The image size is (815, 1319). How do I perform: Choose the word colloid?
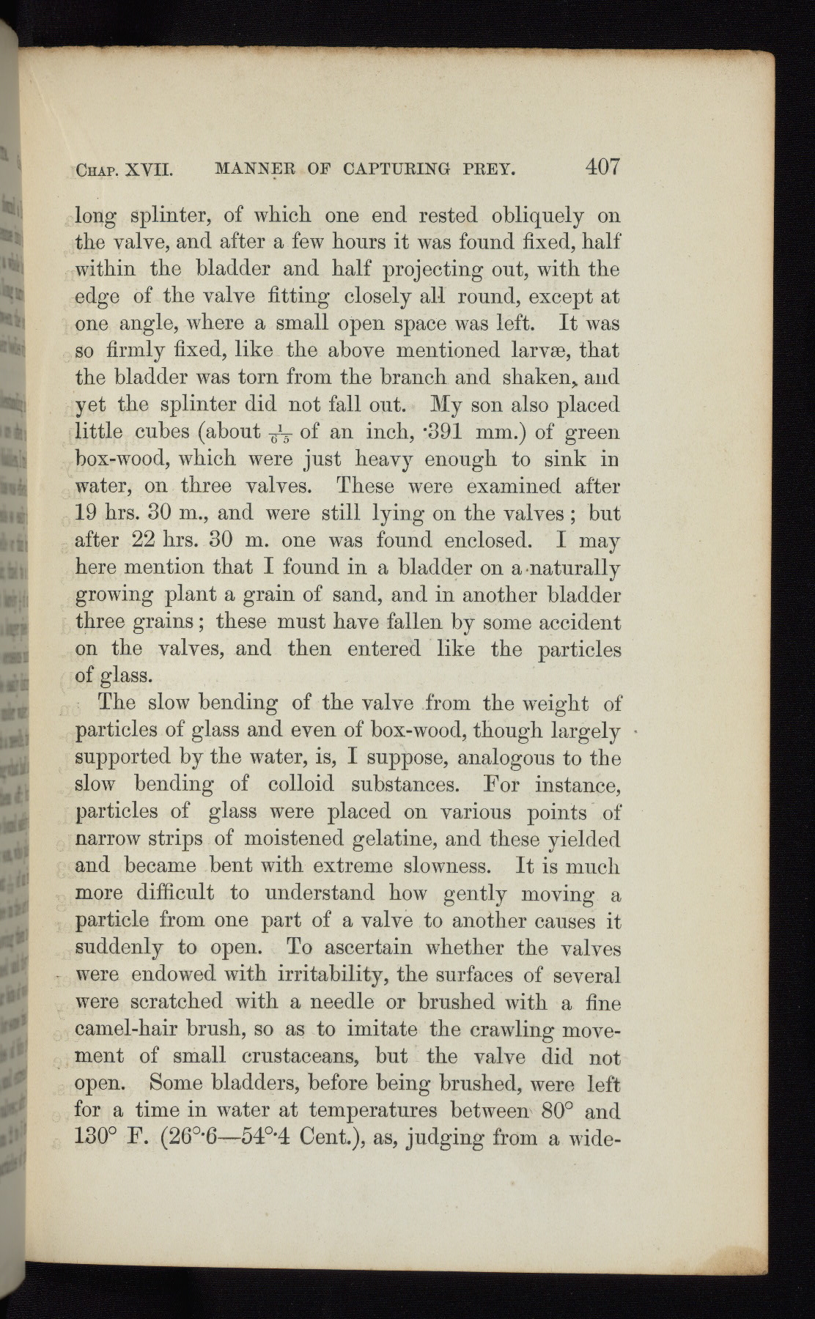coord(300,784)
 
